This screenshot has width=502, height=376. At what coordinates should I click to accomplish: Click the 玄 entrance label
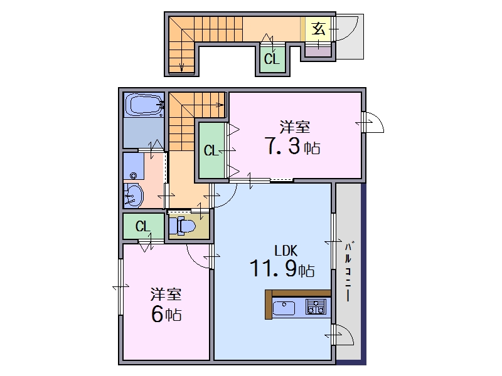pos(319,29)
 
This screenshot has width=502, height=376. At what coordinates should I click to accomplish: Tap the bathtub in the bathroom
pos(144,105)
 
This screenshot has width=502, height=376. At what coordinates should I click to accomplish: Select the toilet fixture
pos(182,226)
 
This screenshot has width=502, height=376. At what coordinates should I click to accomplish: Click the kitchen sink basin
pos(284,308)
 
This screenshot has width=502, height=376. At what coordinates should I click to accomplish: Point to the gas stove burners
pos(316,306)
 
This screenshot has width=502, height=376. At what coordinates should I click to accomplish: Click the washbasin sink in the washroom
pos(134,196)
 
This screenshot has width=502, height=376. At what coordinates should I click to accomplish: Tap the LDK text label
pos(286,251)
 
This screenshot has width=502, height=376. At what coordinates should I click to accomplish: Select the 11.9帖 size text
pos(282,268)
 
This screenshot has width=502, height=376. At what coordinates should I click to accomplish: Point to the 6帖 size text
pos(166,314)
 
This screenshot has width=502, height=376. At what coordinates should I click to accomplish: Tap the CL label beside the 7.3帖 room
pos(211,150)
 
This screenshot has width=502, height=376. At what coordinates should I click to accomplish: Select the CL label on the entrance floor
pos(272,59)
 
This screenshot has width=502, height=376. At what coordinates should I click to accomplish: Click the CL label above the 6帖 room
pos(143,226)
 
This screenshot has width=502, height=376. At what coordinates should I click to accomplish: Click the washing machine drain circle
pos(133,175)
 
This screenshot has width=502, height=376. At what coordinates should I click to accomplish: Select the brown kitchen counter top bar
pos(297,293)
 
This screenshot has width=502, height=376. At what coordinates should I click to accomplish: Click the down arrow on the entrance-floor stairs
pos(182,66)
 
